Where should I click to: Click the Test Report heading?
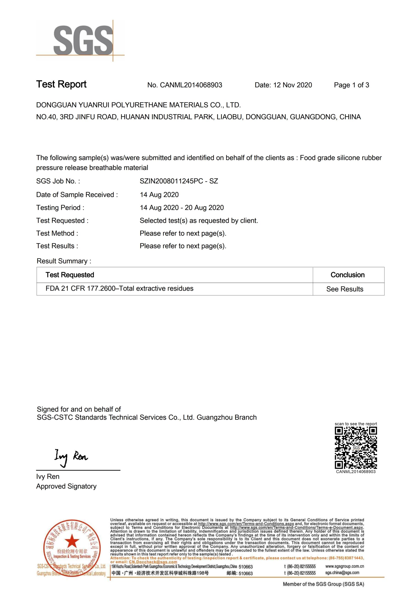click(61, 84)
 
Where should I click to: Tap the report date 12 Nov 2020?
click(292, 85)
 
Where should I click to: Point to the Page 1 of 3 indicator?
click(351, 85)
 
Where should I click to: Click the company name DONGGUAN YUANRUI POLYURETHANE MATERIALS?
click(138, 105)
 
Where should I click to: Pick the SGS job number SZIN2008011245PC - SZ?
click(179, 181)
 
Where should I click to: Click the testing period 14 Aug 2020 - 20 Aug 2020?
click(182, 208)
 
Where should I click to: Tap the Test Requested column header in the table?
click(70, 275)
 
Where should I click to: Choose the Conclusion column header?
click(347, 275)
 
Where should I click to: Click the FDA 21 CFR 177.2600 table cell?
click(120, 289)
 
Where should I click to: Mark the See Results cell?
click(345, 289)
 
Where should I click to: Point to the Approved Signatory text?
click(66, 486)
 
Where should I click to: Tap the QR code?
click(356, 448)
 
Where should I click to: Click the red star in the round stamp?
click(72, 540)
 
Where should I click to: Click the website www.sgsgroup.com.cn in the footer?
click(345, 566)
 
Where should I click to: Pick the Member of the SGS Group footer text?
click(323, 584)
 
